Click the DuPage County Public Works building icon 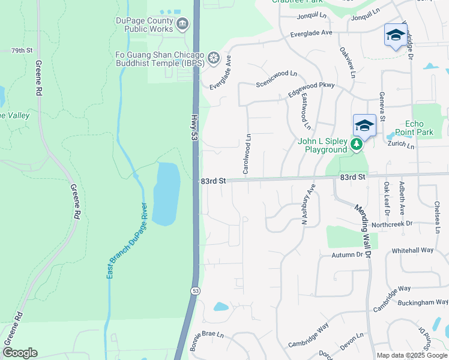click(x=183, y=25)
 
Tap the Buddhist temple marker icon click(x=213, y=58)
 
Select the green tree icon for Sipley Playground click(x=357, y=144)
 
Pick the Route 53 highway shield click(x=196, y=290)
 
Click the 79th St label click(x=21, y=51)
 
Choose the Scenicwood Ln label click(x=276, y=78)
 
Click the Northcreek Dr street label click(x=392, y=224)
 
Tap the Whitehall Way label click(x=412, y=250)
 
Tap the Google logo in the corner click(x=20, y=353)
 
